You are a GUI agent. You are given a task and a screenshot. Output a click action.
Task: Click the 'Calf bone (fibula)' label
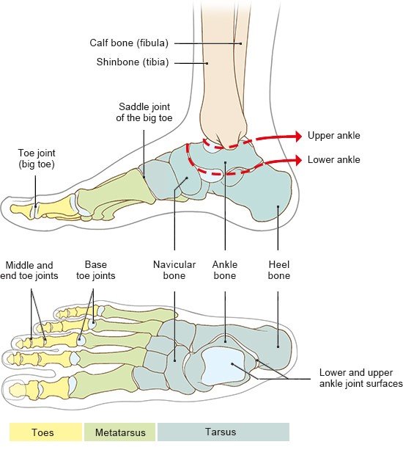pos(129,43)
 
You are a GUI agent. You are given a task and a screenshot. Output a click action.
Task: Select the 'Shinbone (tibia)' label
pos(133,62)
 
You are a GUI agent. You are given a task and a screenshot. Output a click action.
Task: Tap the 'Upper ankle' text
pos(334,136)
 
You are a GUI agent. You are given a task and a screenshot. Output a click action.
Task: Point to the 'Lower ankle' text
pos(334,159)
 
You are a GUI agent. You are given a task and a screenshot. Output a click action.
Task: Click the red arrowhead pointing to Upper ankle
pos(299,136)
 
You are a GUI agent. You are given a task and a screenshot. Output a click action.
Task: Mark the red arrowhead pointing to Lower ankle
pos(299,160)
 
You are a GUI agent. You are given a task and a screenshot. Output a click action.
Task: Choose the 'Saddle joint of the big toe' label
pos(144,112)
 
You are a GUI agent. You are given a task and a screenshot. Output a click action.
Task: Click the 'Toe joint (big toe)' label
pos(37,159)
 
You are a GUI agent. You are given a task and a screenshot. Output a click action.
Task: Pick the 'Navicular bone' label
pos(174,269)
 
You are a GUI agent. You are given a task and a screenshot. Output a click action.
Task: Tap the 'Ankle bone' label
pos(225,269)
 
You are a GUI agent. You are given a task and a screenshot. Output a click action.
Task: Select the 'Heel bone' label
pos(279,269)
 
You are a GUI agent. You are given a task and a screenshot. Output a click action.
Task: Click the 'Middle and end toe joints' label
pos(29,270)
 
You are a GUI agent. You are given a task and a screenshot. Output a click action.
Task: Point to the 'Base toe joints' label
pos(96,269)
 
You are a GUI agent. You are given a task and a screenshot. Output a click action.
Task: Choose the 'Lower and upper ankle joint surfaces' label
pos(361,378)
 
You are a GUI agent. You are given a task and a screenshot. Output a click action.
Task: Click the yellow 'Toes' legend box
pos(46,432)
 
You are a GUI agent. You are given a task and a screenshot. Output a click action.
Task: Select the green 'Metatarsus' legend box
pos(120,432)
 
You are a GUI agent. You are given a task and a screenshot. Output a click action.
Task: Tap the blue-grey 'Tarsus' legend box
pos(223,432)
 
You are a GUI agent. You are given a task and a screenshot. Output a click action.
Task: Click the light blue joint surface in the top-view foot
pos(222,365)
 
